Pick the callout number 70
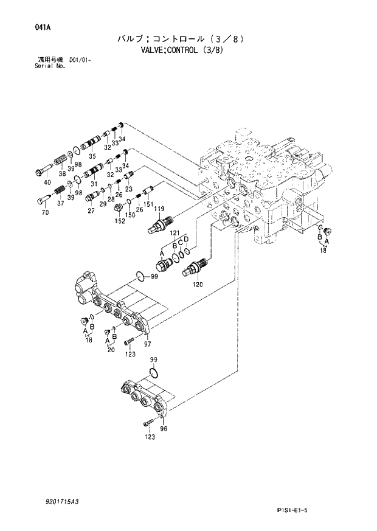[x=45, y=213]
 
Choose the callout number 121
[x=175, y=233]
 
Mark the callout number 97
[x=147, y=344]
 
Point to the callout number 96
[x=163, y=428]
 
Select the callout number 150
[x=130, y=215]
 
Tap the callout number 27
[x=91, y=211]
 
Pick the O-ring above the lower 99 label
[x=153, y=372]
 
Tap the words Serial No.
[x=50, y=65]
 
